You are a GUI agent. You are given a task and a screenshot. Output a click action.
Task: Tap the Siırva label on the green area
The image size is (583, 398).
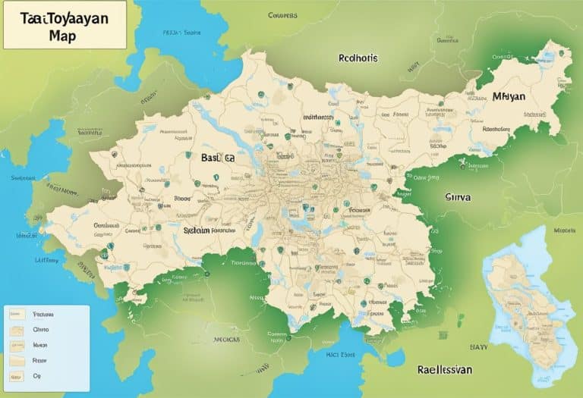[457, 196]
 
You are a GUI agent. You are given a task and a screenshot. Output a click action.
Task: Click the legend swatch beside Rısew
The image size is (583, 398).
[16, 360]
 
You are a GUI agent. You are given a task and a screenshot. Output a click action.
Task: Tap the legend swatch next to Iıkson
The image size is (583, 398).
[16, 345]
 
